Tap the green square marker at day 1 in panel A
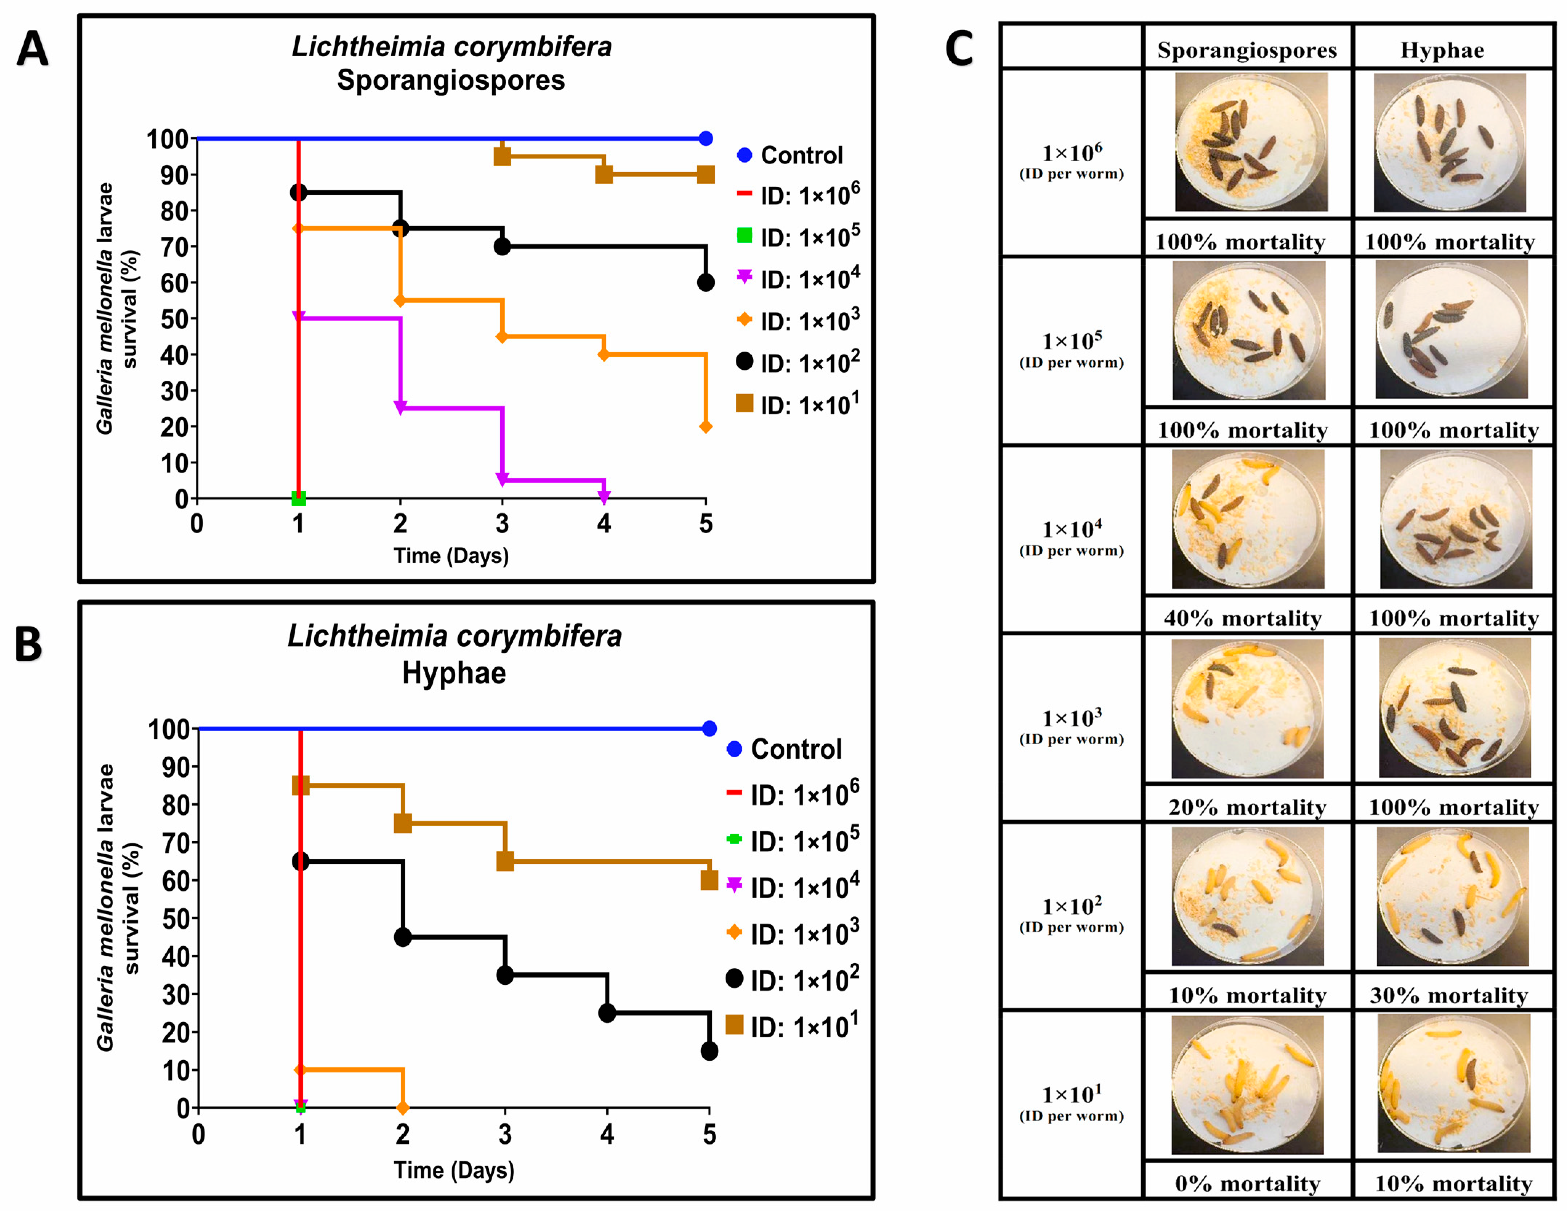click(x=299, y=498)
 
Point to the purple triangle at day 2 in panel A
click(x=400, y=408)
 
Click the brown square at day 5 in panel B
click(x=709, y=880)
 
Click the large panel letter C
click(x=959, y=49)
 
